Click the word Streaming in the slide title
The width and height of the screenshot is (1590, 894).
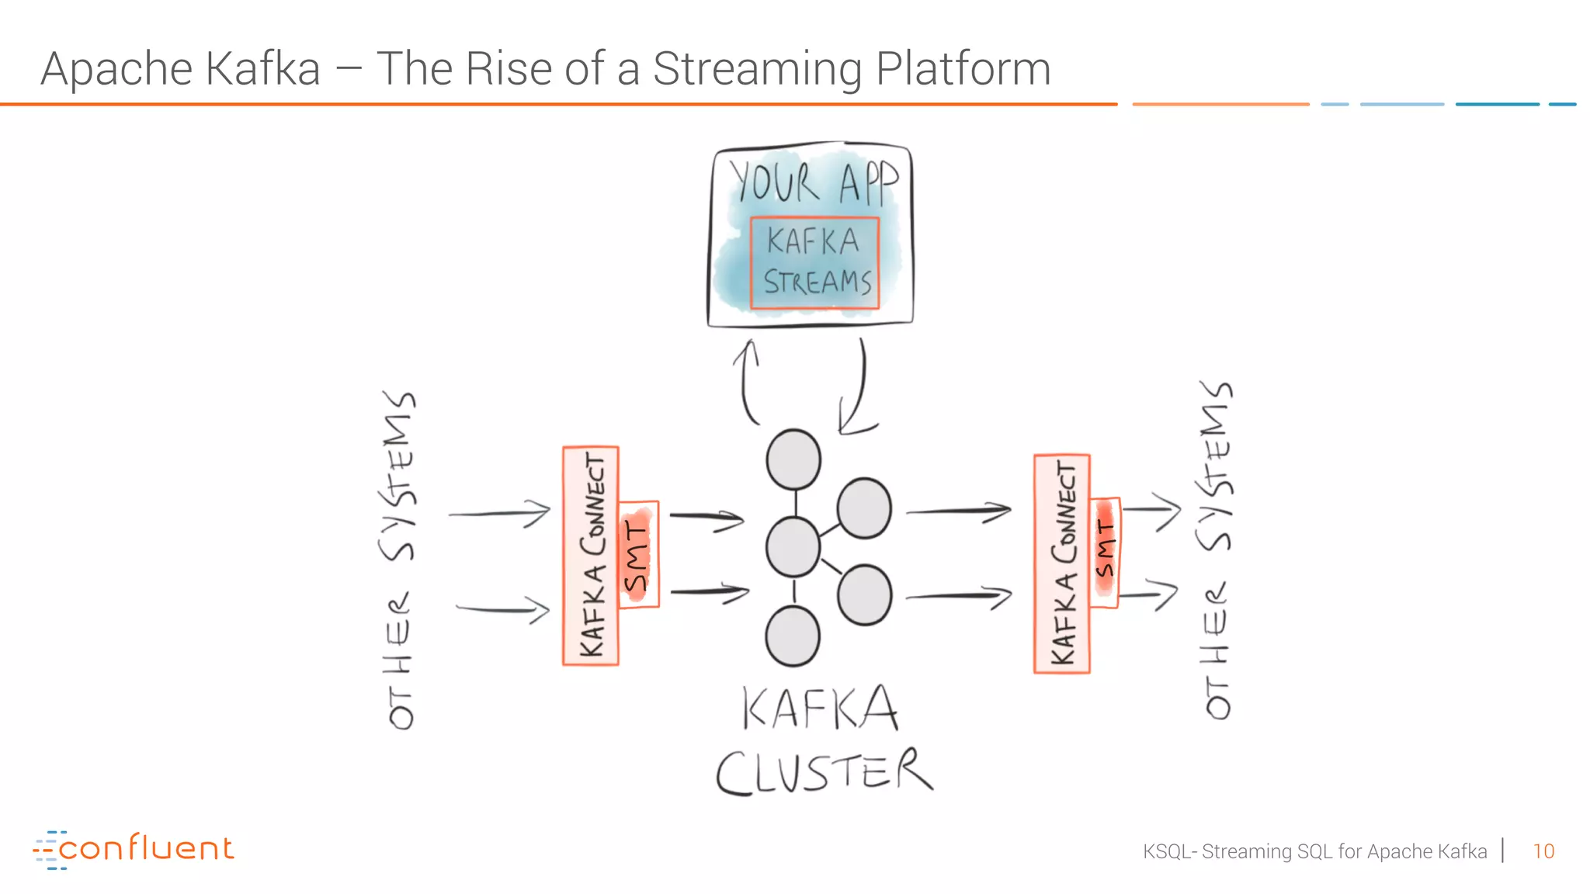pos(757,70)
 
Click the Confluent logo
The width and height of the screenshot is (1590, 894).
pos(134,849)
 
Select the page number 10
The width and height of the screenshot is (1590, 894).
pos(1543,851)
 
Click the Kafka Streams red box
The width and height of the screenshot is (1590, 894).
pos(814,263)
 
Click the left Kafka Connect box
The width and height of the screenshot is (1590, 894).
pos(591,556)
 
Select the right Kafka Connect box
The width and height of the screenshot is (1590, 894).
pos(1062,563)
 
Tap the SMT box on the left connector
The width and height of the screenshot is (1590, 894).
pos(638,554)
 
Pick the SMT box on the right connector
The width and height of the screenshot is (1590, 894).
pos(1105,553)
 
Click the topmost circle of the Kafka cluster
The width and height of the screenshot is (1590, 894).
pos(793,459)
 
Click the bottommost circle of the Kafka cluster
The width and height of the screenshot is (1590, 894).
pos(793,636)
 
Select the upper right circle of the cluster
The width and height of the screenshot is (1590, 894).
pos(864,508)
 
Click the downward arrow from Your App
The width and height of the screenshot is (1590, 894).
pos(857,388)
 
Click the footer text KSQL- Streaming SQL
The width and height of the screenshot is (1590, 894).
pos(1314,851)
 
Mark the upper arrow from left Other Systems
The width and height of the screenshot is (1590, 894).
pos(500,513)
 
